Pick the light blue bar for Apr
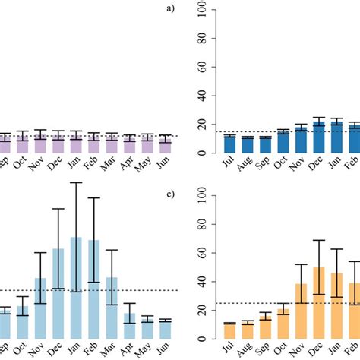(x=129, y=326)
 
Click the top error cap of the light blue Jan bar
(x=76, y=182)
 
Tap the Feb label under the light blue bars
(x=93, y=349)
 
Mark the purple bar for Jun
(x=165, y=146)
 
